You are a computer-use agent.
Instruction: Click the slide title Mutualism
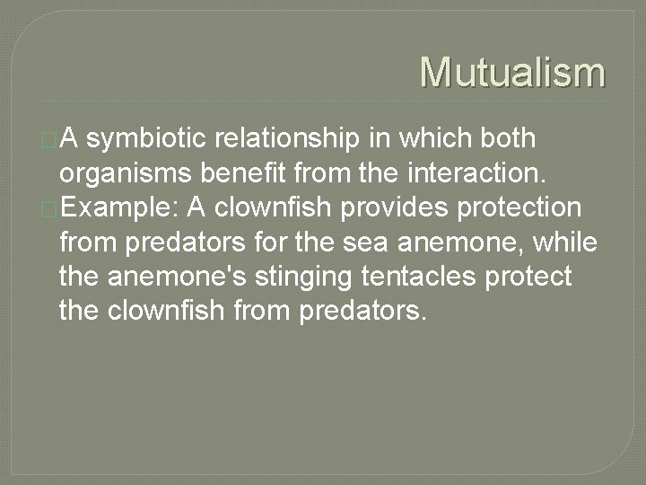(512, 72)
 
